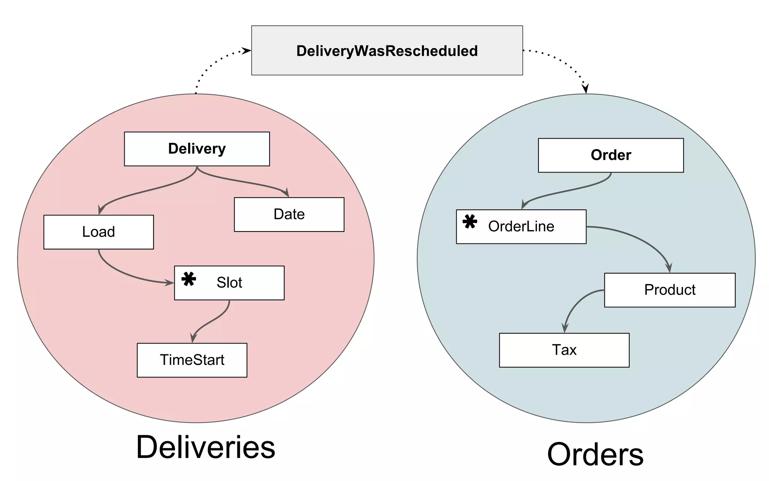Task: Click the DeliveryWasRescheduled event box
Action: pos(387,50)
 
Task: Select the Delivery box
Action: pos(197,149)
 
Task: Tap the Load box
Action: pos(98,232)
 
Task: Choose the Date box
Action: pos(289,214)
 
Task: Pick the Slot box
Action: pos(229,283)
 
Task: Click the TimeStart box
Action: pos(192,360)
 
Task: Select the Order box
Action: pos(611,155)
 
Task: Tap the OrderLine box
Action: pos(521,227)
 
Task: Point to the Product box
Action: pos(669,290)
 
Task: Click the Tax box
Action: pos(564,350)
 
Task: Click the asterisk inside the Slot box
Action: pos(188,279)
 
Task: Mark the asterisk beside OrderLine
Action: pos(469,222)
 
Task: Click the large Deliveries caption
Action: pos(205,447)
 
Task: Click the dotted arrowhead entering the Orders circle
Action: pos(585,88)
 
